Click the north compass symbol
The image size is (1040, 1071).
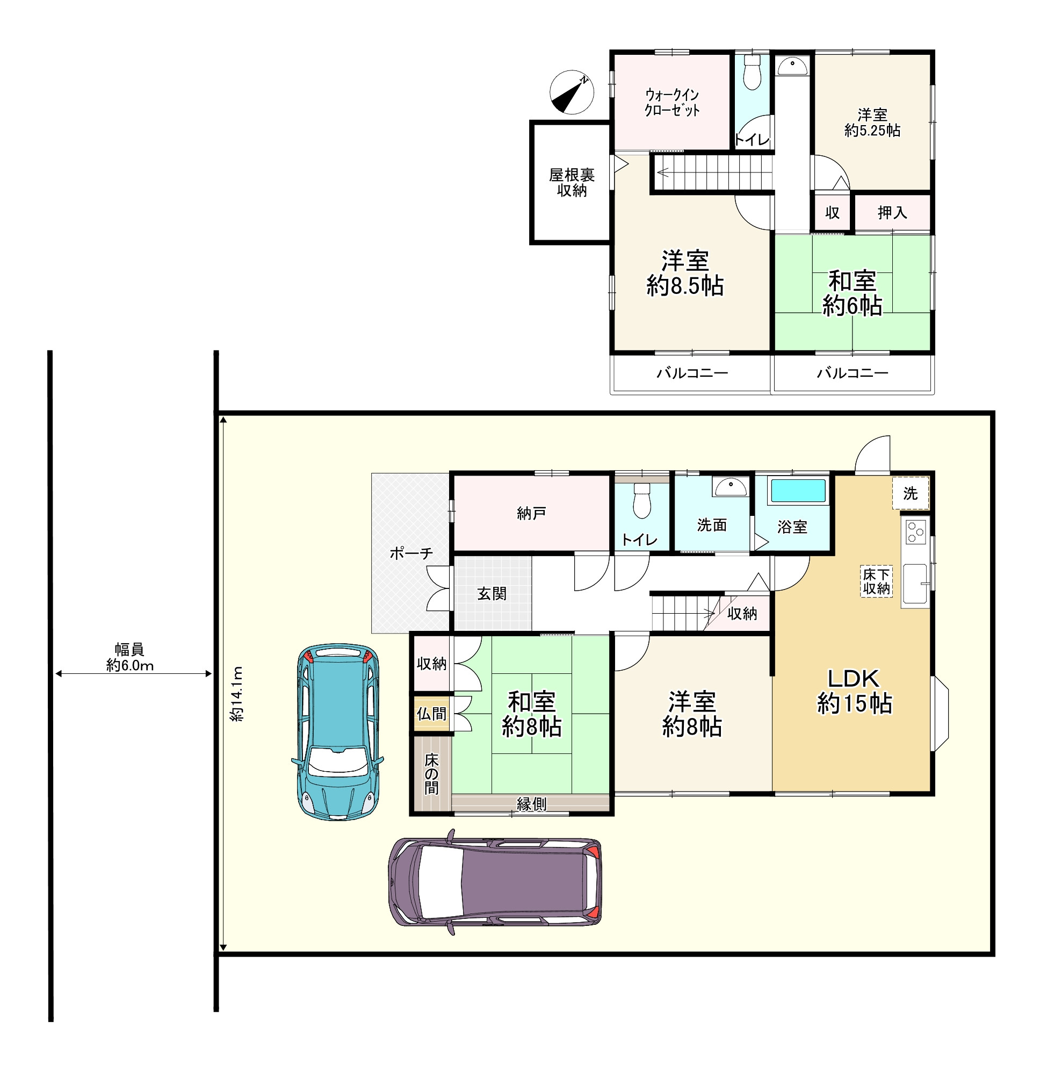[572, 92]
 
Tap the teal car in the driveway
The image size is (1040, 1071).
[338, 732]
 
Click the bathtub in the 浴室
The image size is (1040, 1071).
[798, 491]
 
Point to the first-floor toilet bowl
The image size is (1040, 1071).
[642, 500]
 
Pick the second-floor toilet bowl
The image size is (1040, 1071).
[752, 73]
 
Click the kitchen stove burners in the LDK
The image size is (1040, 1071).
[916, 532]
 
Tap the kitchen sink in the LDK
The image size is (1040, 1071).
[915, 584]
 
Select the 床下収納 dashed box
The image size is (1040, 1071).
[876, 581]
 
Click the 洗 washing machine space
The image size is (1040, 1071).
[911, 493]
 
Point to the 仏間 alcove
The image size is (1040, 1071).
[431, 714]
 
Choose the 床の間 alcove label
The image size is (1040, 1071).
[431, 774]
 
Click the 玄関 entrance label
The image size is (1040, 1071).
[492, 594]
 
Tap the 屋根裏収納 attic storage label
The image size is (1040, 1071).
[572, 183]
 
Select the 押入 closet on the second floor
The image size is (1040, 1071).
[892, 213]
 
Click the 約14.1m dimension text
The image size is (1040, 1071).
[237, 694]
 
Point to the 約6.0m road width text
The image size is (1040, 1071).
[130, 666]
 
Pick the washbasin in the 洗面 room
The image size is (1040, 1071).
[731, 486]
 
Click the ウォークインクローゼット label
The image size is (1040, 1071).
[672, 102]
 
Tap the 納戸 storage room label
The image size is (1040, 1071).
[531, 513]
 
